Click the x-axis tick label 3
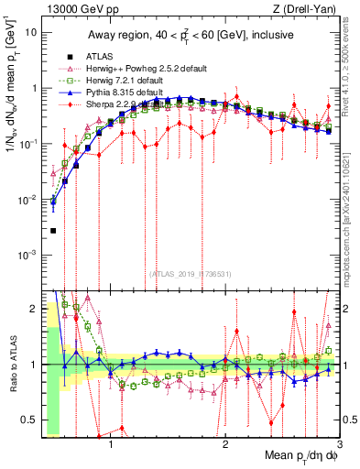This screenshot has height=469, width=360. click(340, 445)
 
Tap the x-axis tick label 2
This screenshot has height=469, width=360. click(225, 445)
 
